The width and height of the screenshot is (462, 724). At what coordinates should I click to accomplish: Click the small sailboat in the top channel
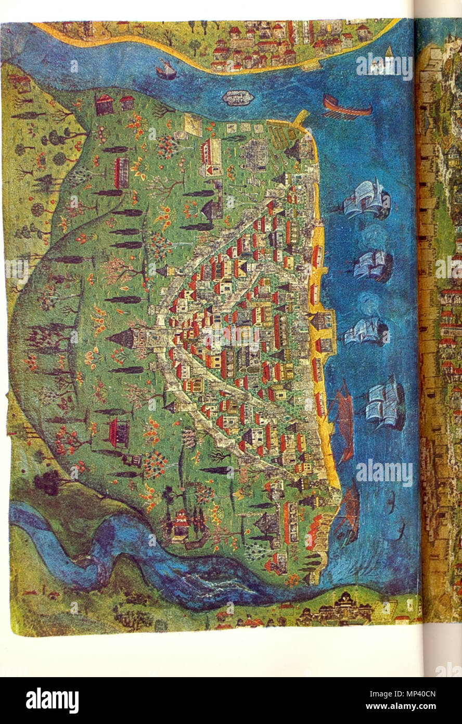(166, 69)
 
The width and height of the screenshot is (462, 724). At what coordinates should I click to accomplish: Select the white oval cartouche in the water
(238, 97)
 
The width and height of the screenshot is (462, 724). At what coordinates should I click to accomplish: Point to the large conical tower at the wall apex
(121, 339)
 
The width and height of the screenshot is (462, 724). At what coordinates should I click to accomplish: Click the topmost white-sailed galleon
(368, 200)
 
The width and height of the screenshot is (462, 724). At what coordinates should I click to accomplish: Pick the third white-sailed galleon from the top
(368, 331)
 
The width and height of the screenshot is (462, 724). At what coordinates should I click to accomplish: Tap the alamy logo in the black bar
(52, 700)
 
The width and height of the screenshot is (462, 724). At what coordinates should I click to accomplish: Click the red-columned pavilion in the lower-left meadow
(119, 433)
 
